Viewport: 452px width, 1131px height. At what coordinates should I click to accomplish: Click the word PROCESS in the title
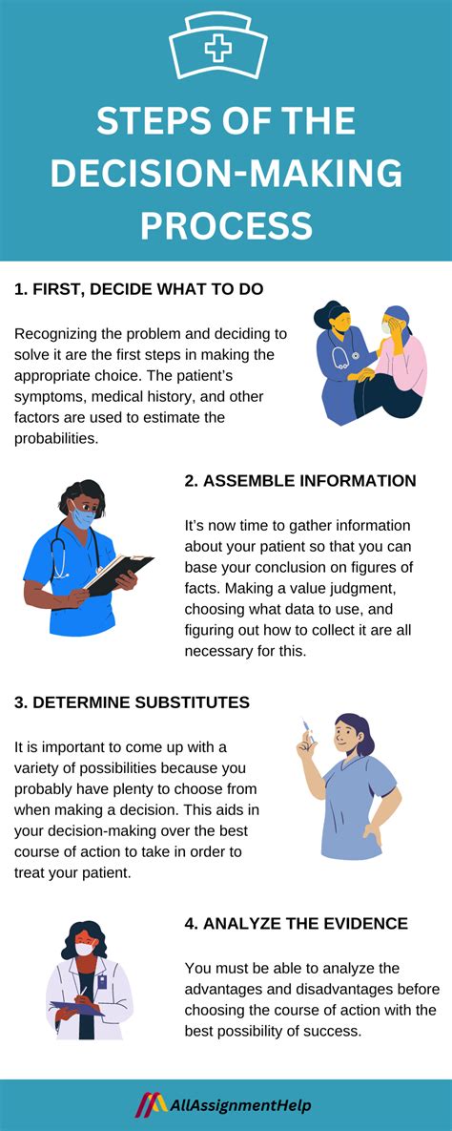[226, 226]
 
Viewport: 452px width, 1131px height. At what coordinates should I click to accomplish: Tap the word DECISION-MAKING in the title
[226, 175]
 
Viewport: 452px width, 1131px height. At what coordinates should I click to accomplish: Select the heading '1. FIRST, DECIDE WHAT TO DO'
[138, 289]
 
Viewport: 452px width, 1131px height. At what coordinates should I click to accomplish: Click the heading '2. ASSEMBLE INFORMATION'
[300, 481]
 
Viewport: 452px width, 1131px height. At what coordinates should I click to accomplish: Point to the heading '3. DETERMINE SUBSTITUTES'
[132, 702]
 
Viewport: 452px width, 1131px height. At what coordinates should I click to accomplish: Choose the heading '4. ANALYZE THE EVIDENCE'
[296, 923]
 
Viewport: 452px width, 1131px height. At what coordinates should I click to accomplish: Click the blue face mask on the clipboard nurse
[83, 517]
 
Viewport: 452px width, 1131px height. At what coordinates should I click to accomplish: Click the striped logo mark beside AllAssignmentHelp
[150, 1104]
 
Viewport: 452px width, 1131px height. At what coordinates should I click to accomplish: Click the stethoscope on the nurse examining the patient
[340, 360]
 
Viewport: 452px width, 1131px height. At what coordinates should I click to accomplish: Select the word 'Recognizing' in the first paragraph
[57, 333]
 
